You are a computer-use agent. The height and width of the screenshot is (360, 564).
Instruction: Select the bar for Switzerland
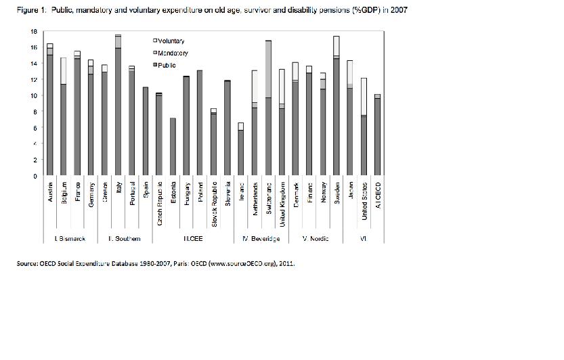pos(268,108)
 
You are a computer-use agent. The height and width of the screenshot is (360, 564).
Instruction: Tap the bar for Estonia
pos(173,147)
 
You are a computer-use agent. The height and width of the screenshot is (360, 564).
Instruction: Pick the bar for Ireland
pos(241,150)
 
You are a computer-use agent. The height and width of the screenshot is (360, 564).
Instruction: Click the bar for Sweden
pos(337,106)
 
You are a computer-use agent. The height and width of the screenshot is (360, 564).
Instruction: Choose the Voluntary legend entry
pos(171,41)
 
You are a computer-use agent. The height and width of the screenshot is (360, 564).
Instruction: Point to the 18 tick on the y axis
pos(33,31)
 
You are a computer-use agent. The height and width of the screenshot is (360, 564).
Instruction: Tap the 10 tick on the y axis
pos(33,95)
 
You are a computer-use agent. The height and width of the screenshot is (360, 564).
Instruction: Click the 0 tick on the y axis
pos(35,176)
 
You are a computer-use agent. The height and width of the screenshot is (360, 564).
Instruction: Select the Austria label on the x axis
pos(51,192)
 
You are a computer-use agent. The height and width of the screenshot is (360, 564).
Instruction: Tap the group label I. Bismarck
pos(69,238)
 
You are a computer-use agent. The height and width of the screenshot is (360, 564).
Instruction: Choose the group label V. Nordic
pos(315,238)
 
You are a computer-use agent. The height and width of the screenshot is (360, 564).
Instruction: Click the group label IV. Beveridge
pos(261,238)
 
